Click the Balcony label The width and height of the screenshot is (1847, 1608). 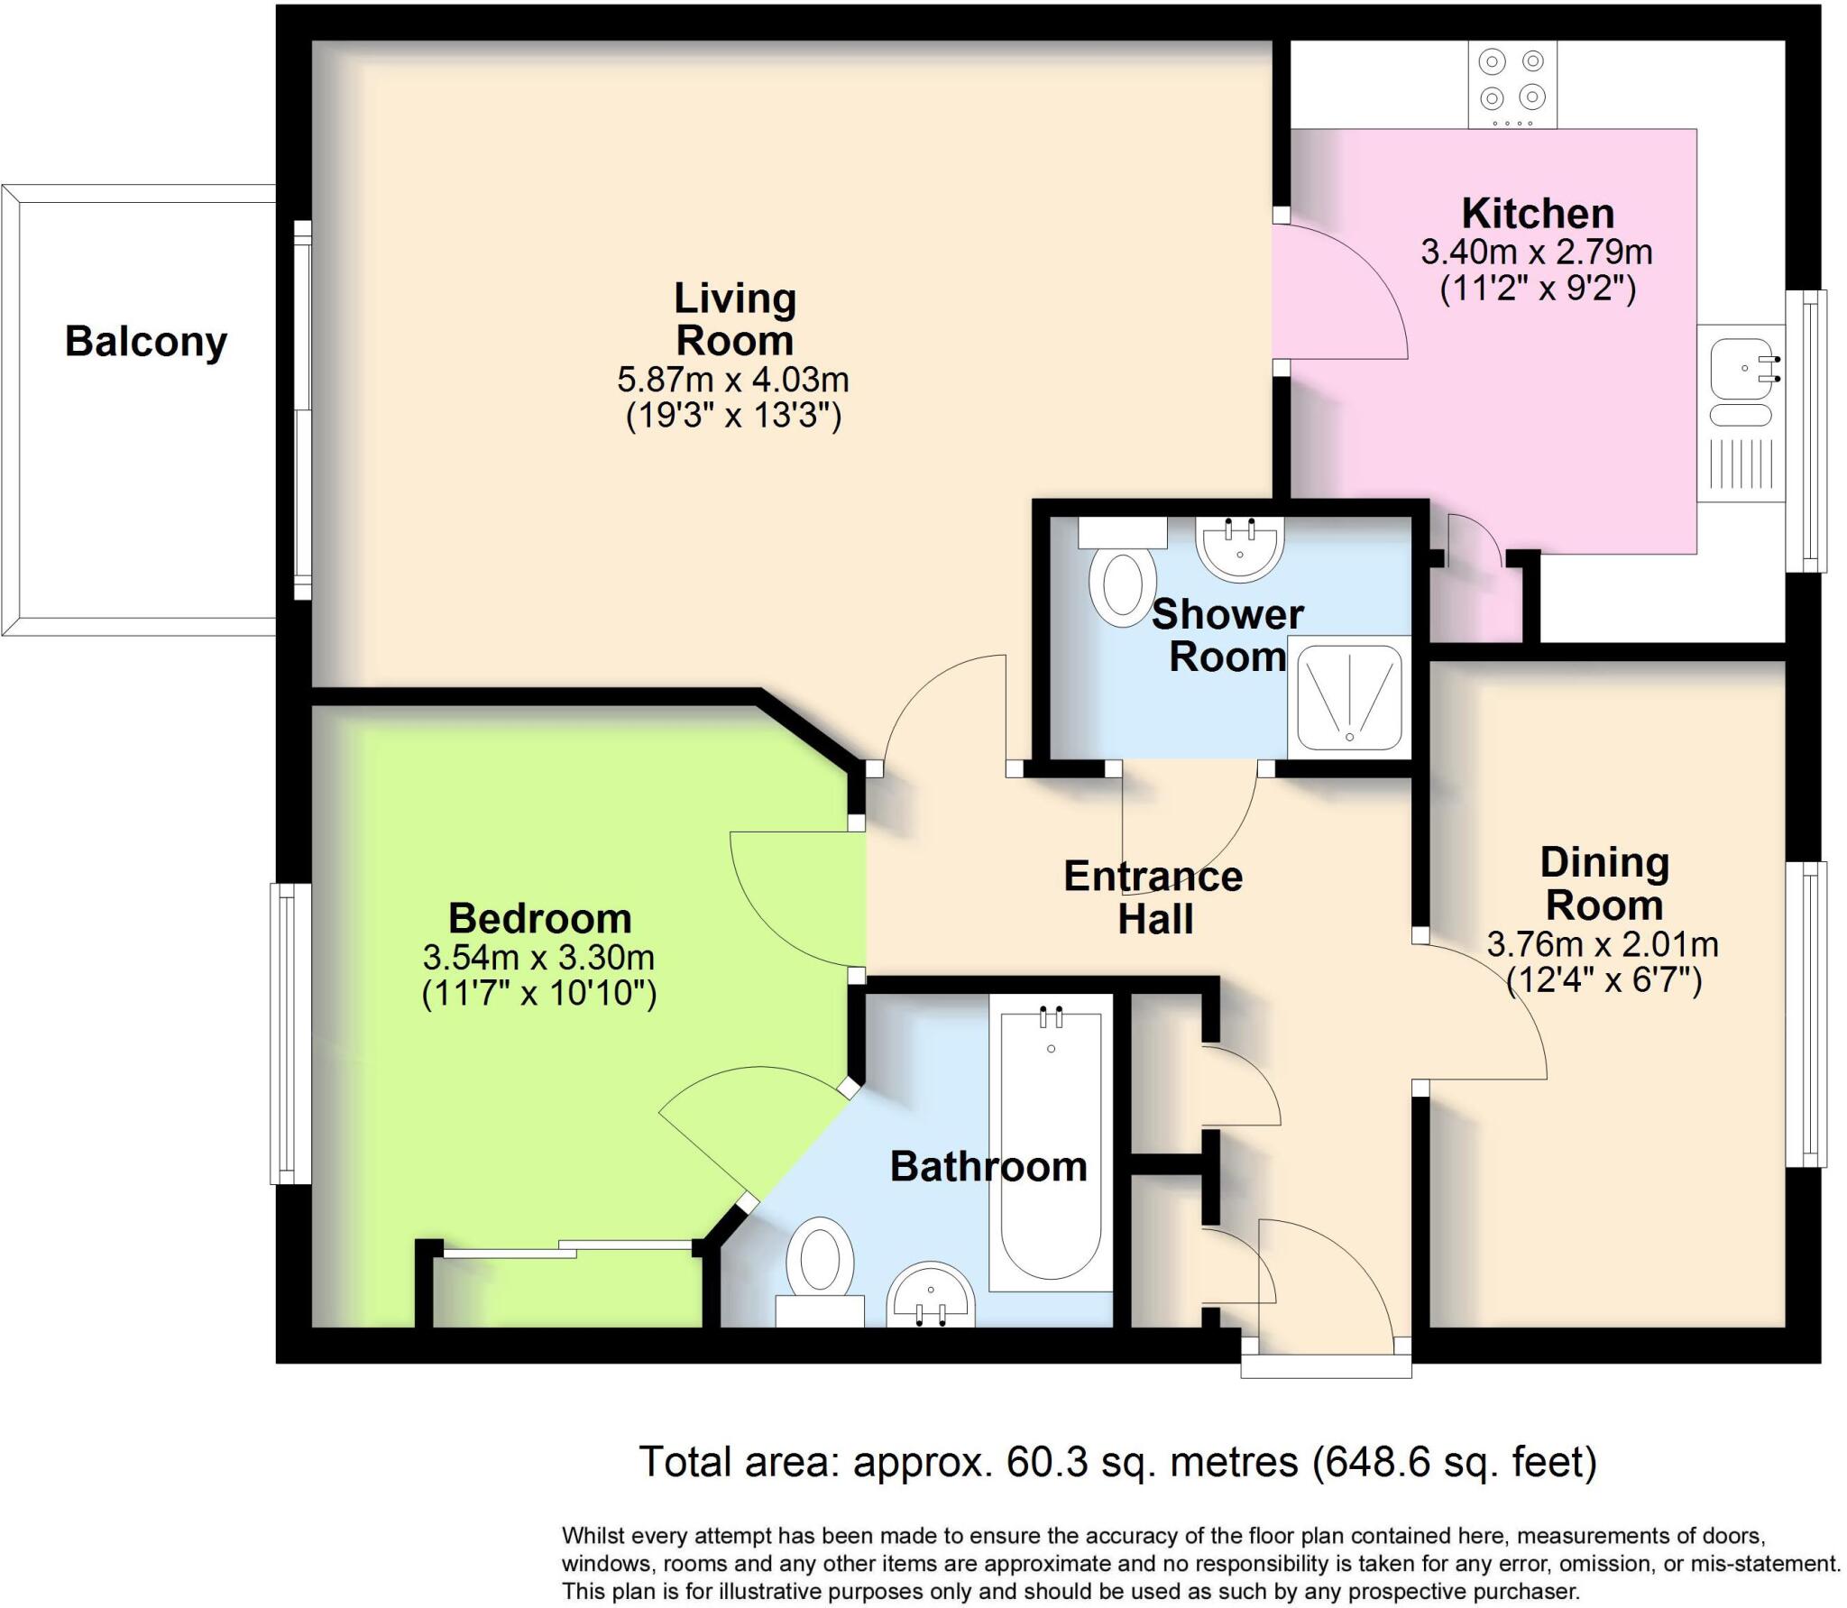[x=146, y=343]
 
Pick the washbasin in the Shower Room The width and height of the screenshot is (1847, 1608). [x=1240, y=547]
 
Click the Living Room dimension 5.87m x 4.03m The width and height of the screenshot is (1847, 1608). [x=732, y=380]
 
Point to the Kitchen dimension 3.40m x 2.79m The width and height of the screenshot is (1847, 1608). [x=1537, y=252]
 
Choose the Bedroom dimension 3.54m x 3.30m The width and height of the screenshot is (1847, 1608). [x=538, y=956]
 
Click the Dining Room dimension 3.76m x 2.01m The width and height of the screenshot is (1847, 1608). [x=1603, y=944]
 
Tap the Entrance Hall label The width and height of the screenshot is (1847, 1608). [x=1153, y=897]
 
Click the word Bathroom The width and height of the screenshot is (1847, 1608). [x=988, y=1167]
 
